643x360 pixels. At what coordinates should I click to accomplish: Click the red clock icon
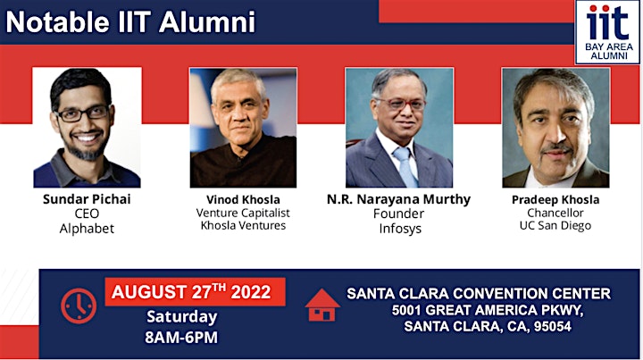(x=79, y=306)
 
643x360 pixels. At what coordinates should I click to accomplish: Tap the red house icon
(x=322, y=305)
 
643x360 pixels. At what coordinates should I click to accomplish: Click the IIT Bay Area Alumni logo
(x=608, y=32)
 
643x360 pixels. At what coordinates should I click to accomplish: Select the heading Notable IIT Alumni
(x=130, y=22)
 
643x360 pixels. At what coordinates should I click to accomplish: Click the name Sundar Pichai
(x=87, y=199)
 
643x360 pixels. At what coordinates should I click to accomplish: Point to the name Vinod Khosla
(x=243, y=200)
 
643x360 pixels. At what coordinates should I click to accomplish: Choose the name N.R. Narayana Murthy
(x=398, y=199)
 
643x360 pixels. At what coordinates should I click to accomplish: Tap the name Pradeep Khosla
(x=555, y=200)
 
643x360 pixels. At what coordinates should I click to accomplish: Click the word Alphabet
(x=87, y=229)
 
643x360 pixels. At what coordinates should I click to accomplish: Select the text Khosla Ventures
(x=243, y=225)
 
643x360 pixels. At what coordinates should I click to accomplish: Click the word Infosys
(x=400, y=229)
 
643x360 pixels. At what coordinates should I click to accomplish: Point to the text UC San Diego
(x=555, y=225)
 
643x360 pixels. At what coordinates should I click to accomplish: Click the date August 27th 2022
(x=191, y=292)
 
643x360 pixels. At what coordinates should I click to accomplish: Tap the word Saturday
(x=182, y=317)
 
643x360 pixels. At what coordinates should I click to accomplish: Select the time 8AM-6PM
(x=181, y=338)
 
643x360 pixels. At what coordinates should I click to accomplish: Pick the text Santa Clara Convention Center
(x=479, y=294)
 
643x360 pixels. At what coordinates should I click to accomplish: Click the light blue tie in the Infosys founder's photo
(x=405, y=167)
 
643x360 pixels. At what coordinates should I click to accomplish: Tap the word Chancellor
(x=555, y=213)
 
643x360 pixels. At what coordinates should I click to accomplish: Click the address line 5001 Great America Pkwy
(x=488, y=310)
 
